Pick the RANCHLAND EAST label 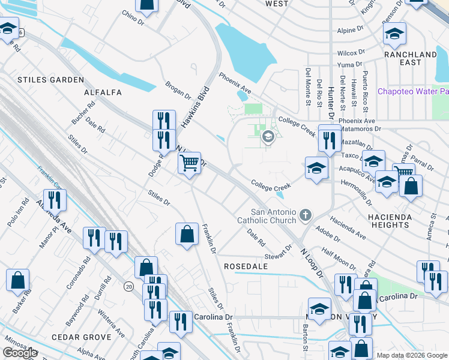pyautogui.click(x=411, y=58)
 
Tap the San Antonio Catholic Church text pyautogui.click(x=273, y=216)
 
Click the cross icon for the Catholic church pyautogui.click(x=306, y=214)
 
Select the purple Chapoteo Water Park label pyautogui.click(x=413, y=91)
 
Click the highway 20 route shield pyautogui.click(x=129, y=287)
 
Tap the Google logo pyautogui.click(x=20, y=353)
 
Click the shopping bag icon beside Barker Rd pyautogui.click(x=18, y=280)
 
